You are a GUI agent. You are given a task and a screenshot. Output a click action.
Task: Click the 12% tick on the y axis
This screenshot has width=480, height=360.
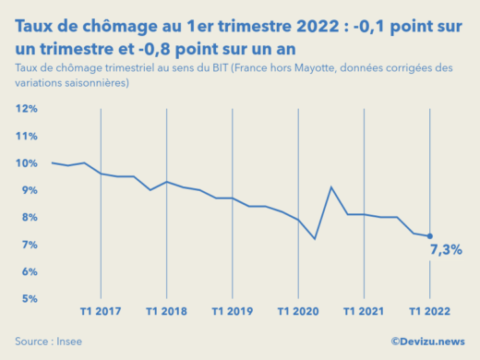point(26,109)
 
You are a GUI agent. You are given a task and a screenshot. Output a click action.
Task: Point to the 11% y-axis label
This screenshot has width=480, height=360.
point(26,137)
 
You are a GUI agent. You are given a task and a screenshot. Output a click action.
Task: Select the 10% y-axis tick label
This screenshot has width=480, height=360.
point(26,163)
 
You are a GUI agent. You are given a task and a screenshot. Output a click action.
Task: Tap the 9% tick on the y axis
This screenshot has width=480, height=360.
point(28,190)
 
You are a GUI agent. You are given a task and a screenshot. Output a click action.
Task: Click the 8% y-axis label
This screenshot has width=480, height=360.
point(28,218)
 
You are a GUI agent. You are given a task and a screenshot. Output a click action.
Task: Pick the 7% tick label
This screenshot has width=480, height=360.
point(28,245)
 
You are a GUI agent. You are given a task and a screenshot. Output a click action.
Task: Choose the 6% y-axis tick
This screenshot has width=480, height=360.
point(28,272)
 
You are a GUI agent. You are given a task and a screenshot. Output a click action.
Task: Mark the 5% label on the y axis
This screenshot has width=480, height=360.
point(28,299)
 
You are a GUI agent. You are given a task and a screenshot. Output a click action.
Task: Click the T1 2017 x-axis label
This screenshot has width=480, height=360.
point(100,311)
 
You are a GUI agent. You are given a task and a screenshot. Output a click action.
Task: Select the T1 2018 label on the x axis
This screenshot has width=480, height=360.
point(166,311)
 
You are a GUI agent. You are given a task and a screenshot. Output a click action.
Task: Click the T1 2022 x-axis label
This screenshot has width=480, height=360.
point(429,311)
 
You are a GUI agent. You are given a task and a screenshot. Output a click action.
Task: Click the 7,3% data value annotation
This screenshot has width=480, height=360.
point(445,250)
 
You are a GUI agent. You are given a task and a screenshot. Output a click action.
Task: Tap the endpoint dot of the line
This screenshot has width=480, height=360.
point(429,236)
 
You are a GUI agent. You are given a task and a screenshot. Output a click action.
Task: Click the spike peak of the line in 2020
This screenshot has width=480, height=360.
point(331,187)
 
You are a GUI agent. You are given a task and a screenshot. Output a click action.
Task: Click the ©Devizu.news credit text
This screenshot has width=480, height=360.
point(426,341)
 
